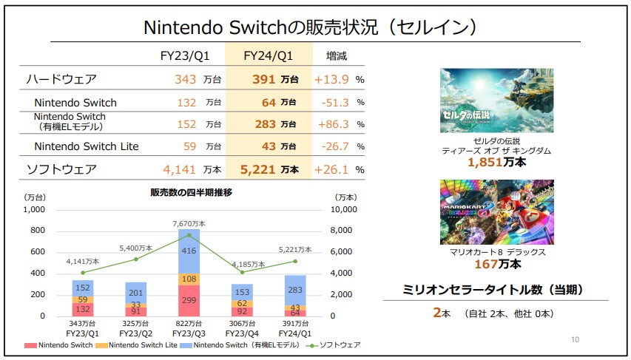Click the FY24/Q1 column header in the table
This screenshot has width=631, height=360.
(270, 55)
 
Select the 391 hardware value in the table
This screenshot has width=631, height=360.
(264, 79)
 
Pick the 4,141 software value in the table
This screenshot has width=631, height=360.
(178, 169)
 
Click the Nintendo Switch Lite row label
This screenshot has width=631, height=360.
(87, 146)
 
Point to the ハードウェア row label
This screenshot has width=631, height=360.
(61, 79)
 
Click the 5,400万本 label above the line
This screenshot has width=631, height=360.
(136, 248)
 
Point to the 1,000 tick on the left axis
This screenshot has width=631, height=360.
(34, 210)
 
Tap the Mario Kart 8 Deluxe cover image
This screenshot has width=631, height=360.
(496, 211)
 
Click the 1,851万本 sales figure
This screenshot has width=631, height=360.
(496, 162)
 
